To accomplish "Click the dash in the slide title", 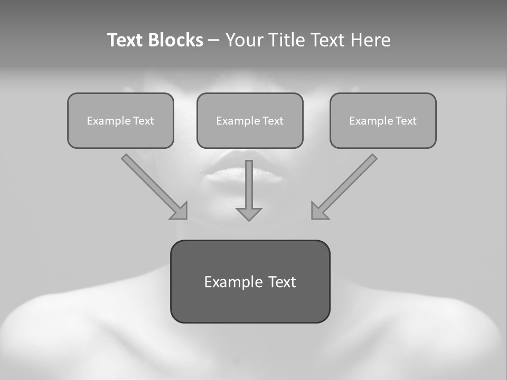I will click(214, 40).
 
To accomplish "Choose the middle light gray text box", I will click(250, 136).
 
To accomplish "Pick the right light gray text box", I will click(383, 136).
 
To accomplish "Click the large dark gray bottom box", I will click(250, 306).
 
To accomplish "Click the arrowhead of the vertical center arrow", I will click(249, 214).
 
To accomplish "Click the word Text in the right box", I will click(406, 121).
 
